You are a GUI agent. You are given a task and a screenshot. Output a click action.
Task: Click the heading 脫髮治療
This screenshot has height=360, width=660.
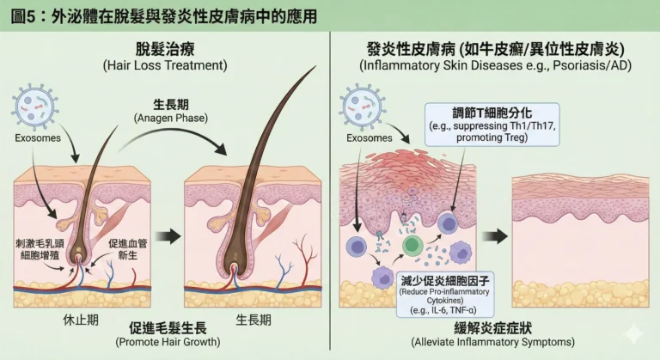tap(164, 48)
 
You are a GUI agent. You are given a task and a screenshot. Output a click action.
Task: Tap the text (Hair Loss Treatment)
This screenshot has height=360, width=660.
tap(164, 65)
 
